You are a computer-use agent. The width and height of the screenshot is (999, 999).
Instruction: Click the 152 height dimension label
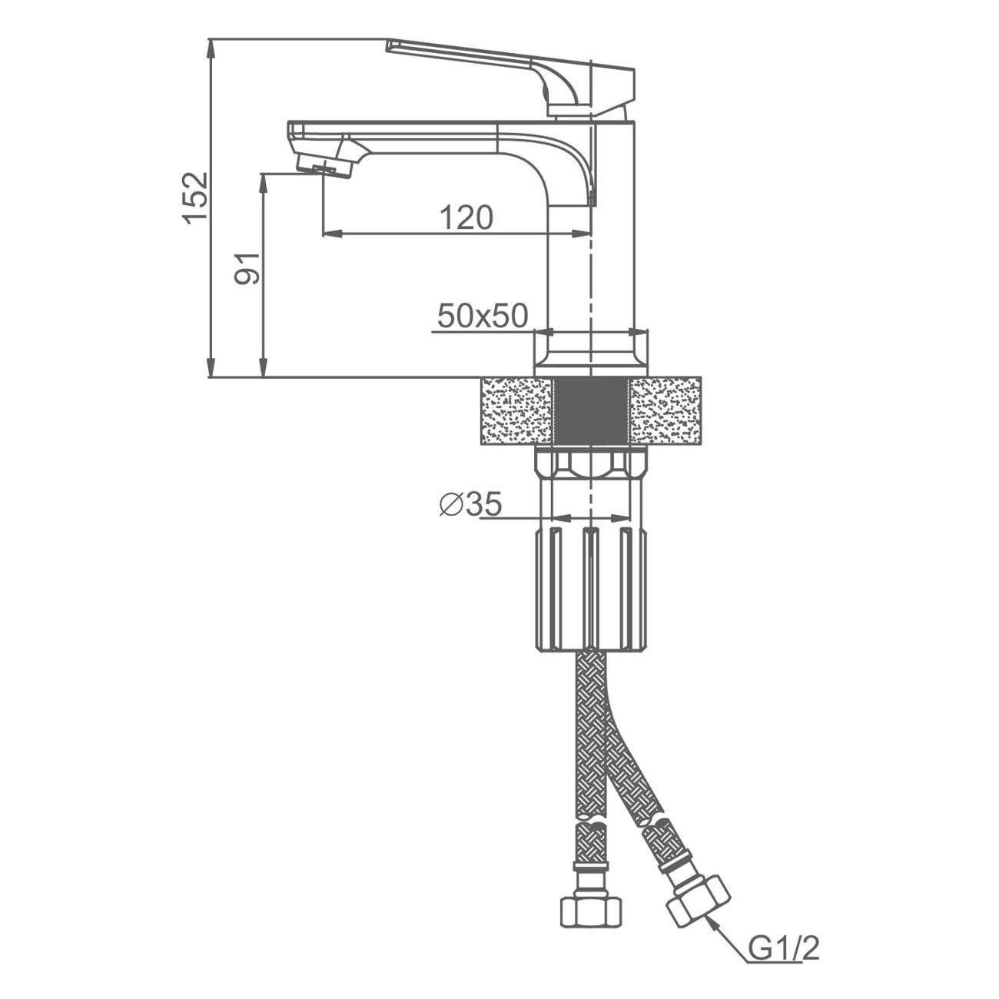195,197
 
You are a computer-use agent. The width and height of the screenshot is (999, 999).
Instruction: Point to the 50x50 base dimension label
482,316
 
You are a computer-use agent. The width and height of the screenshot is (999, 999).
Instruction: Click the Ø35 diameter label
470,504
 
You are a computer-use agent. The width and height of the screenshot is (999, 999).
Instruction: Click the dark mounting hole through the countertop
590,410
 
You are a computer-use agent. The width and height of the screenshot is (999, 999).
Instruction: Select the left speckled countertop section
516,410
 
